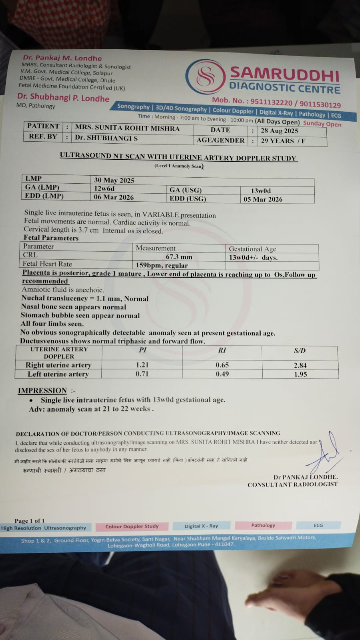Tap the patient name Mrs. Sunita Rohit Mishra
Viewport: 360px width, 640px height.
click(x=127, y=128)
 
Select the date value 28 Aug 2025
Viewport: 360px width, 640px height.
click(x=280, y=130)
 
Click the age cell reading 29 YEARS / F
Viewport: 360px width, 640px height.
click(x=283, y=141)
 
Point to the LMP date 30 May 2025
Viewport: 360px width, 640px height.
click(x=114, y=180)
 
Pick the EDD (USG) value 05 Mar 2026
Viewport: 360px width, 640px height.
click(x=263, y=199)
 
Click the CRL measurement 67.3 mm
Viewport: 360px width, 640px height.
click(x=179, y=257)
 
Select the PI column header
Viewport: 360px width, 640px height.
click(x=143, y=350)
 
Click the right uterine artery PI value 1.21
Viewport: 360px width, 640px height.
click(x=142, y=365)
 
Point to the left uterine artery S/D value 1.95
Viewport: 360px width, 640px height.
click(x=300, y=374)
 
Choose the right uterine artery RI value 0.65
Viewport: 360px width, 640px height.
click(x=222, y=365)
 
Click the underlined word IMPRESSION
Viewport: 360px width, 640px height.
click(x=42, y=391)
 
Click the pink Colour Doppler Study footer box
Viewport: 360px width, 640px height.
click(x=132, y=526)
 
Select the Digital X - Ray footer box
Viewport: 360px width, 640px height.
click(x=201, y=526)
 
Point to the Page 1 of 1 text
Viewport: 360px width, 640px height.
click(x=30, y=521)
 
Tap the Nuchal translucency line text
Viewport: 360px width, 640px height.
click(x=85, y=299)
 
